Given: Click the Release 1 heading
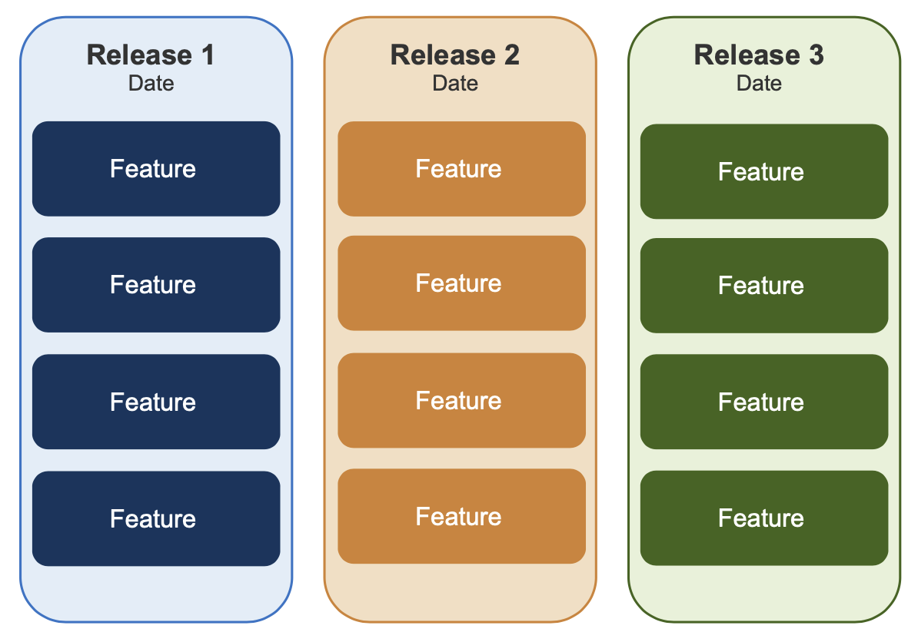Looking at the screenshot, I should pyautogui.click(x=151, y=55).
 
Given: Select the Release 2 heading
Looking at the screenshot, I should pyautogui.click(x=455, y=55).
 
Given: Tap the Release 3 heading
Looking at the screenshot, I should pyautogui.click(x=759, y=55).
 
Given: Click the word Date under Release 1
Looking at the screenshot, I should pyautogui.click(x=151, y=83).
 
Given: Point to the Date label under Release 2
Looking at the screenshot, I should pyautogui.click(x=455, y=83).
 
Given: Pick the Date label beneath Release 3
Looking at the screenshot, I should pyautogui.click(x=759, y=83).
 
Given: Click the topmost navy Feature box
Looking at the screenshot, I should pyautogui.click(x=156, y=169).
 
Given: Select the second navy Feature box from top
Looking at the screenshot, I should pyautogui.click(x=156, y=285).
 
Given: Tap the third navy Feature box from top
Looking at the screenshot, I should pyautogui.click(x=156, y=402).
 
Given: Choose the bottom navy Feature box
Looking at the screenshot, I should pyautogui.click(x=156, y=518).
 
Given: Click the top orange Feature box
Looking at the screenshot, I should pyautogui.click(x=461, y=169).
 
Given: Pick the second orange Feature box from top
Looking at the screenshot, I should pyautogui.click(x=461, y=283).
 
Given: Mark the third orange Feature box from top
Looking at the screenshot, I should pyautogui.click(x=461, y=400).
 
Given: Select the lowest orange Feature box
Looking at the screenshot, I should pyautogui.click(x=461, y=516).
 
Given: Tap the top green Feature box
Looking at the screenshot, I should pyautogui.click(x=764, y=172).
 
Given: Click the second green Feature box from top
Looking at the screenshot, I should pyautogui.click(x=764, y=286).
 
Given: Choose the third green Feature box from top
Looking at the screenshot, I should pyautogui.click(x=764, y=402).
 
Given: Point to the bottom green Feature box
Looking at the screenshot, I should pyautogui.click(x=764, y=518).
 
